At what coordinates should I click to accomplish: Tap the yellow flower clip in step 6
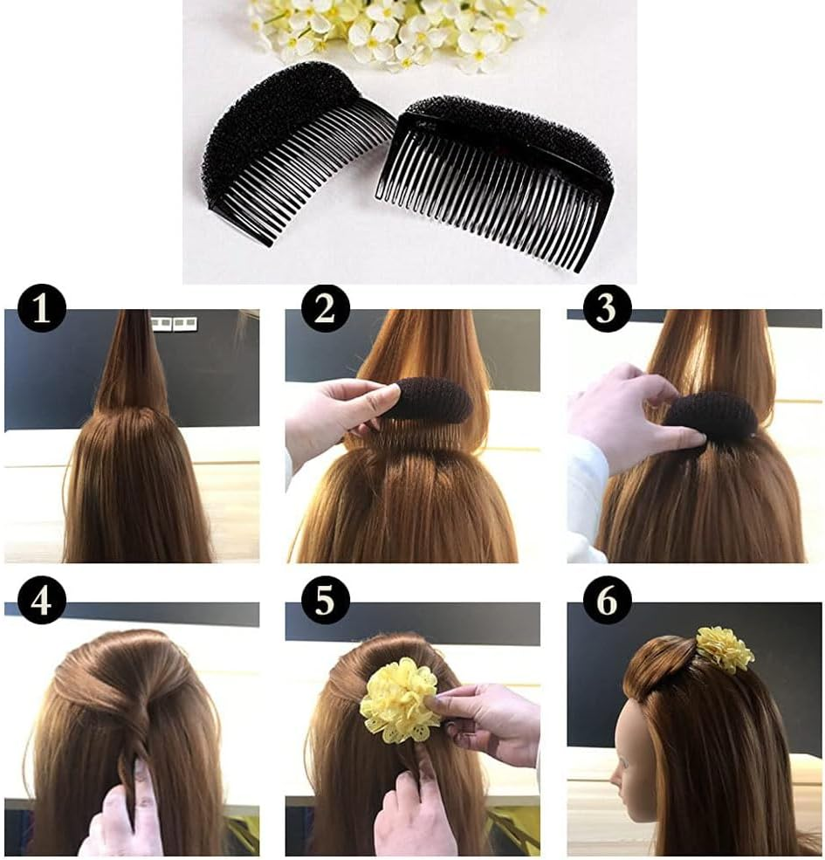[x=725, y=649]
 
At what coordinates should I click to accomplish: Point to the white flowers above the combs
[x=393, y=31]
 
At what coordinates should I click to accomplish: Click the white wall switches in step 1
[x=173, y=324]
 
